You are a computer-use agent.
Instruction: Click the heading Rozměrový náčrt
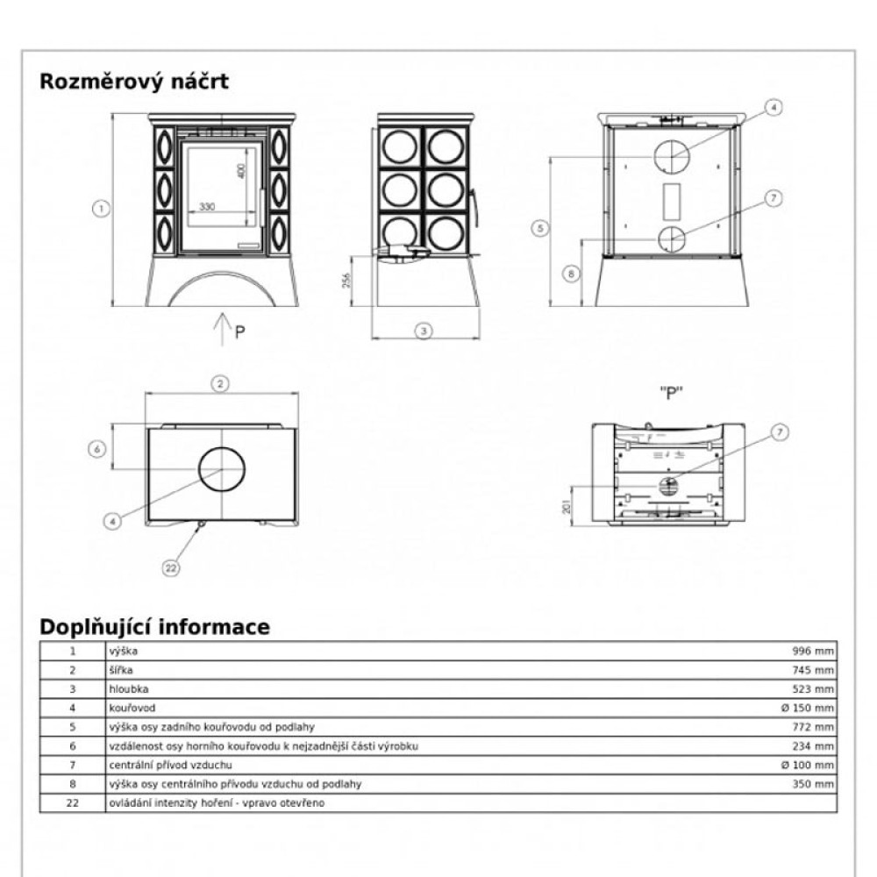pyautogui.click(x=134, y=82)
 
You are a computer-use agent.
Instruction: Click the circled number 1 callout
pyautogui.click(x=102, y=209)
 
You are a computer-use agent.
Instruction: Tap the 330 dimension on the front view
pyautogui.click(x=207, y=206)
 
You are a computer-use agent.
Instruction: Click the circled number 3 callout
pyautogui.click(x=424, y=332)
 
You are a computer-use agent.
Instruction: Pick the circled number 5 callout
pyautogui.click(x=540, y=228)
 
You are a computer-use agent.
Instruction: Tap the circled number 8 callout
pyautogui.click(x=570, y=274)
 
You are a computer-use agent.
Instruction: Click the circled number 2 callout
pyautogui.click(x=221, y=382)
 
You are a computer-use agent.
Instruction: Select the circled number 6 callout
pyautogui.click(x=99, y=448)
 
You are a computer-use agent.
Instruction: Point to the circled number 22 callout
pyautogui.click(x=172, y=567)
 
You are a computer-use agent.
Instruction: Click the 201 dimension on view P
pyautogui.click(x=567, y=506)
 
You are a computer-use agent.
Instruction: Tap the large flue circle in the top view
pyautogui.click(x=222, y=468)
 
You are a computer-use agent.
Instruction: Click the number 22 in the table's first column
pyautogui.click(x=73, y=802)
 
